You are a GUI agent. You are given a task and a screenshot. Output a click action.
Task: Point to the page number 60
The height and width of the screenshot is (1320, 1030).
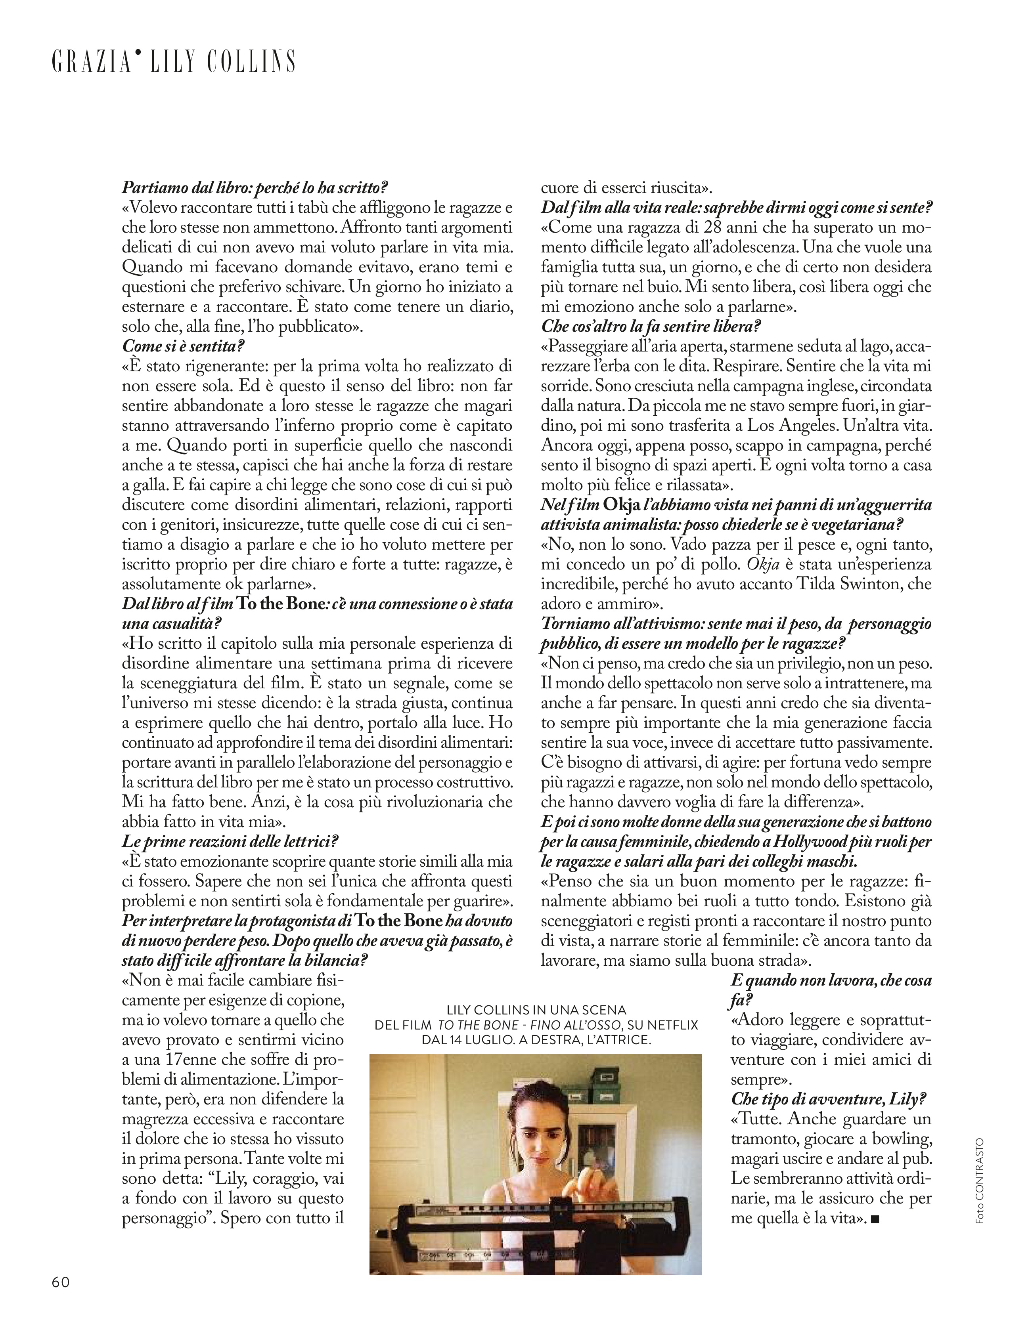(61, 1298)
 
